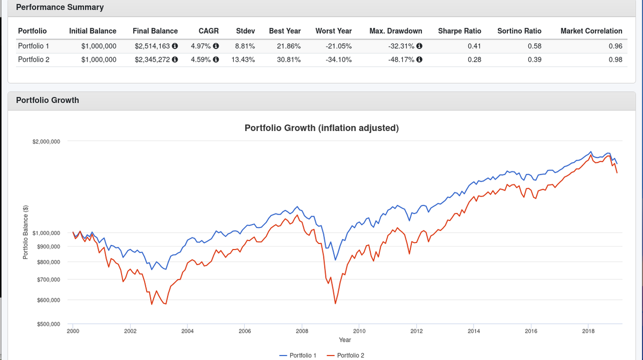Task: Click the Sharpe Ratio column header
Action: (x=459, y=31)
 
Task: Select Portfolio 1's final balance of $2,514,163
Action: (x=152, y=46)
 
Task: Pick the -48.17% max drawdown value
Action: (x=401, y=60)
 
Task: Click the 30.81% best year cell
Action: (x=289, y=60)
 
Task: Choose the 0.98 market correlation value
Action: (x=615, y=60)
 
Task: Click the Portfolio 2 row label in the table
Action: (x=34, y=60)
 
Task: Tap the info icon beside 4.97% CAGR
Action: (x=216, y=46)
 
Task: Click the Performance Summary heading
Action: (x=60, y=8)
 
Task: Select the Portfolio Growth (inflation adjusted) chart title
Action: (x=321, y=128)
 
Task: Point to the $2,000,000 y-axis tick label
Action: (x=46, y=142)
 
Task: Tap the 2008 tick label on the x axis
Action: (x=302, y=331)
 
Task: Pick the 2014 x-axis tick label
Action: (x=474, y=331)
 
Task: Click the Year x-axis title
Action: (x=345, y=340)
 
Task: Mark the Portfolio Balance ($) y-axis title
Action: (x=26, y=232)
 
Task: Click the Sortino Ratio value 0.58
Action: (x=534, y=46)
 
